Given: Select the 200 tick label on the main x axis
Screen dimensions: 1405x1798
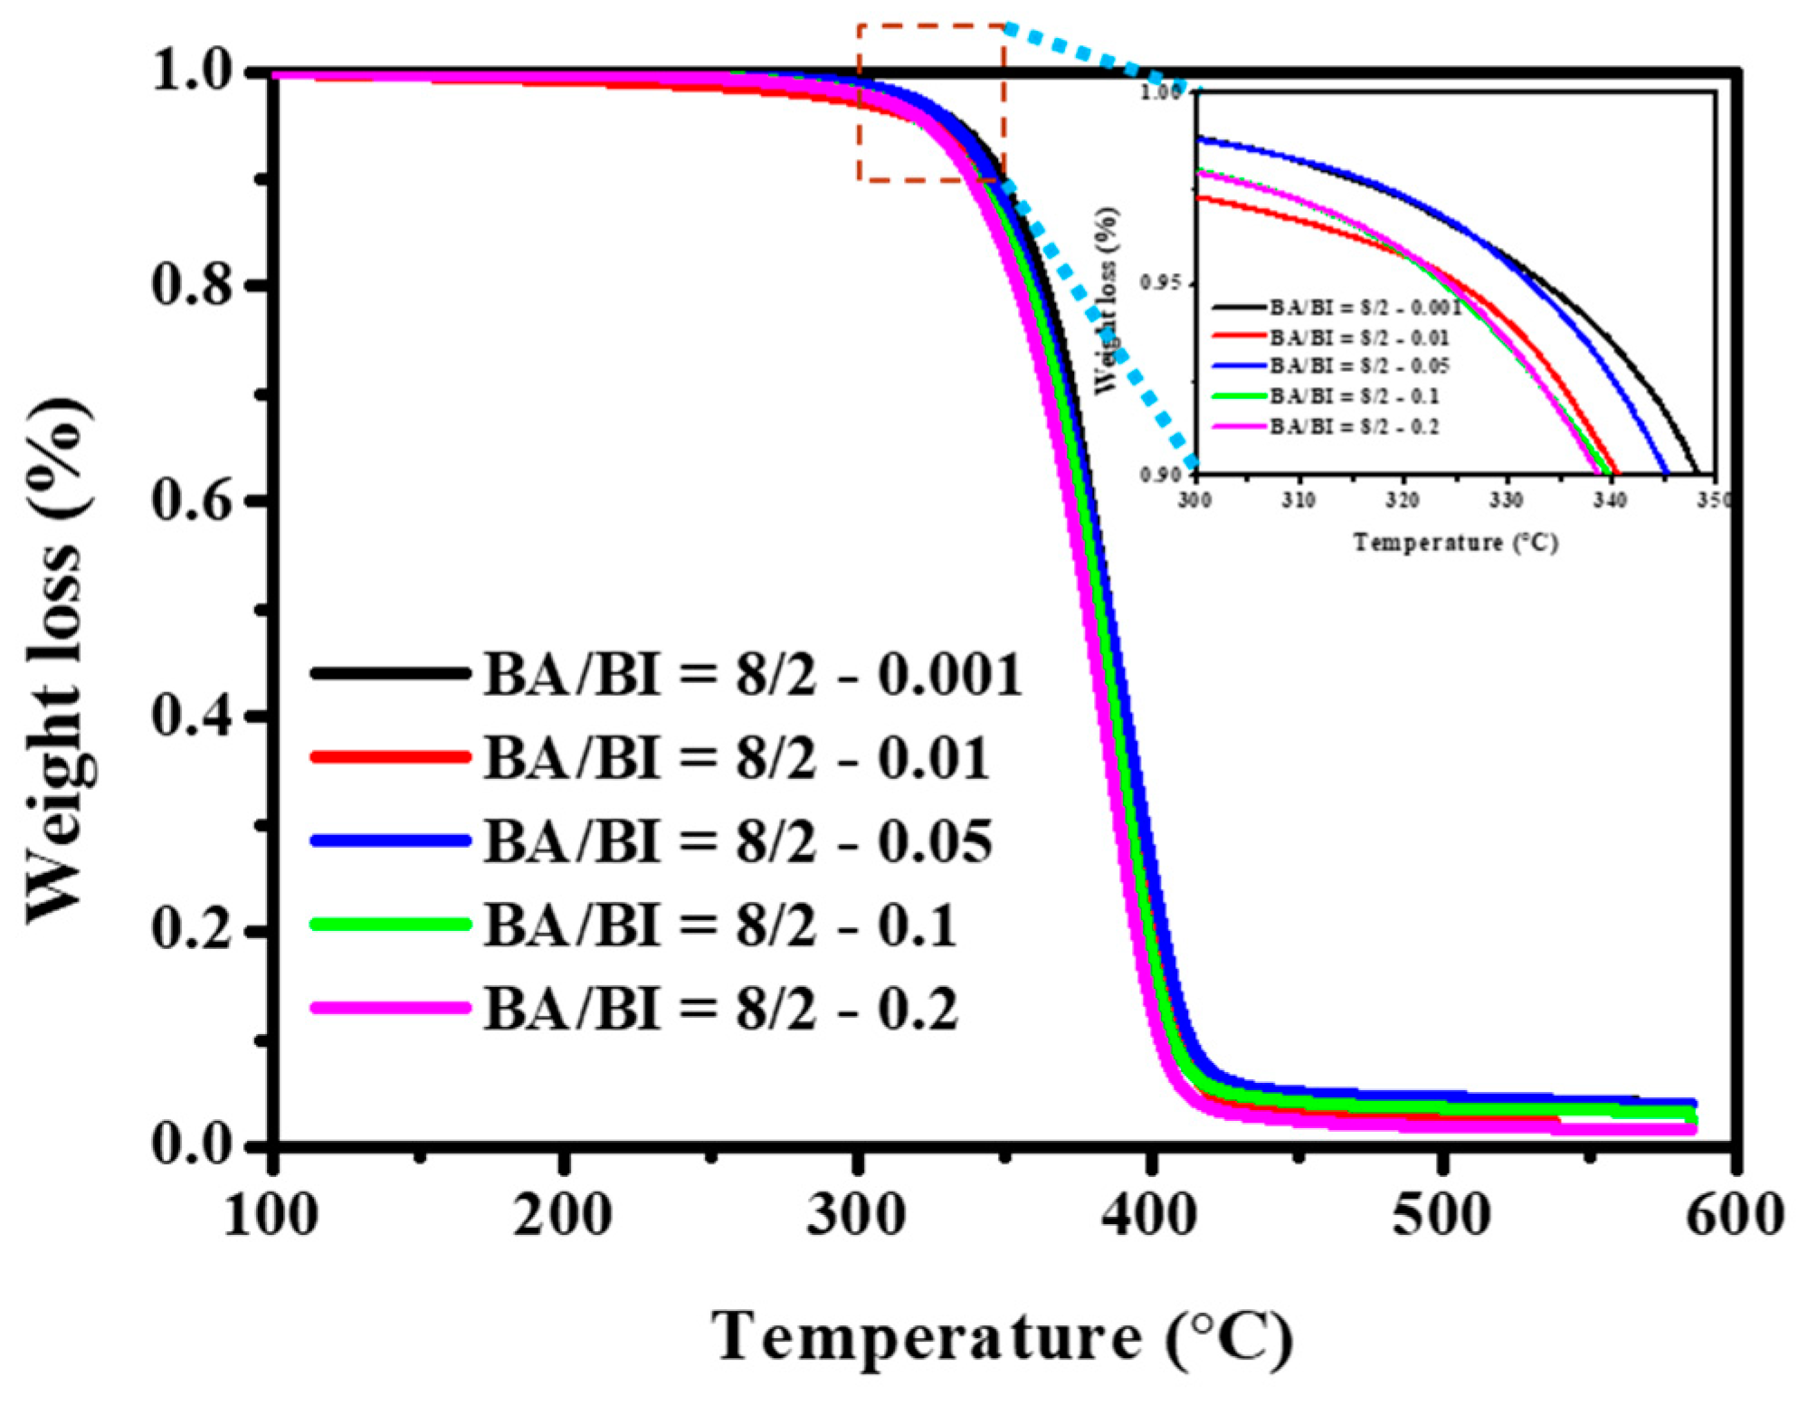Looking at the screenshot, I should (563, 1215).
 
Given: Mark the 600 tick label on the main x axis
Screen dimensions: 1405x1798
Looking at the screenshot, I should (1733, 1215).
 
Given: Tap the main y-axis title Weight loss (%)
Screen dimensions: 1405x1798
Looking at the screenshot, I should (59, 660).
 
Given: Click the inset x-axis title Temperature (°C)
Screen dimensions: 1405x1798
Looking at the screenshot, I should (1455, 543).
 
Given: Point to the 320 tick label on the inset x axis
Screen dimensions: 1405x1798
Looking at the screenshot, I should (1402, 499).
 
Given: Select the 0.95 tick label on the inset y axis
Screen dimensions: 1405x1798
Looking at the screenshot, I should (1161, 283).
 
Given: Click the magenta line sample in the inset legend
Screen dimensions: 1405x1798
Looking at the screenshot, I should (1239, 426).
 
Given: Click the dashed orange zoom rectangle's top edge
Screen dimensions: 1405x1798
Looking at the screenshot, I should (931, 25).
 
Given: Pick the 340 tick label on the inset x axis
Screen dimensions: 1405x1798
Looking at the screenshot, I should (1609, 499).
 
